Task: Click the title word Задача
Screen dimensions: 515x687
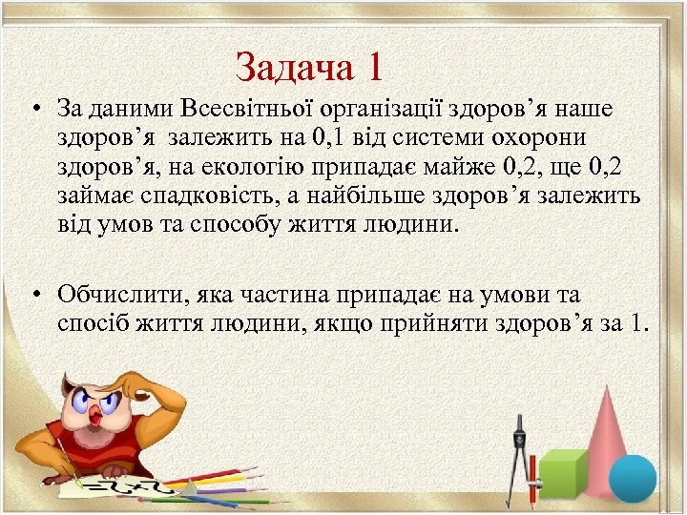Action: pyautogui.click(x=292, y=67)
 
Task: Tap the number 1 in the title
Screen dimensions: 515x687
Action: pyautogui.click(x=374, y=67)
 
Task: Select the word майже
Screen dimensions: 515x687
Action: pyautogui.click(x=452, y=168)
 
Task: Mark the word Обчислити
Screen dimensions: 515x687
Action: pyautogui.click(x=115, y=295)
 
